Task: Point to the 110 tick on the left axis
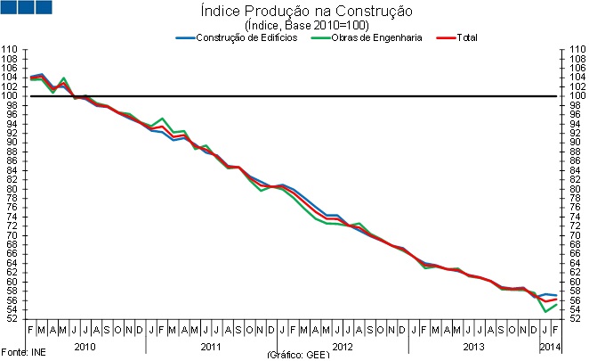(10, 50)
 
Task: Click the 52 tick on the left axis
(10, 319)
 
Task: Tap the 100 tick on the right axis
(574, 96)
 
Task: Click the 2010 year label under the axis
(85, 345)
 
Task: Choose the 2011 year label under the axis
(212, 345)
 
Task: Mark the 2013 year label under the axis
(472, 345)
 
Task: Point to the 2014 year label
(550, 345)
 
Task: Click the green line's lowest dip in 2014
(545, 311)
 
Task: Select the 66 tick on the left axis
(10, 254)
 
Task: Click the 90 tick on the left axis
(10, 143)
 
